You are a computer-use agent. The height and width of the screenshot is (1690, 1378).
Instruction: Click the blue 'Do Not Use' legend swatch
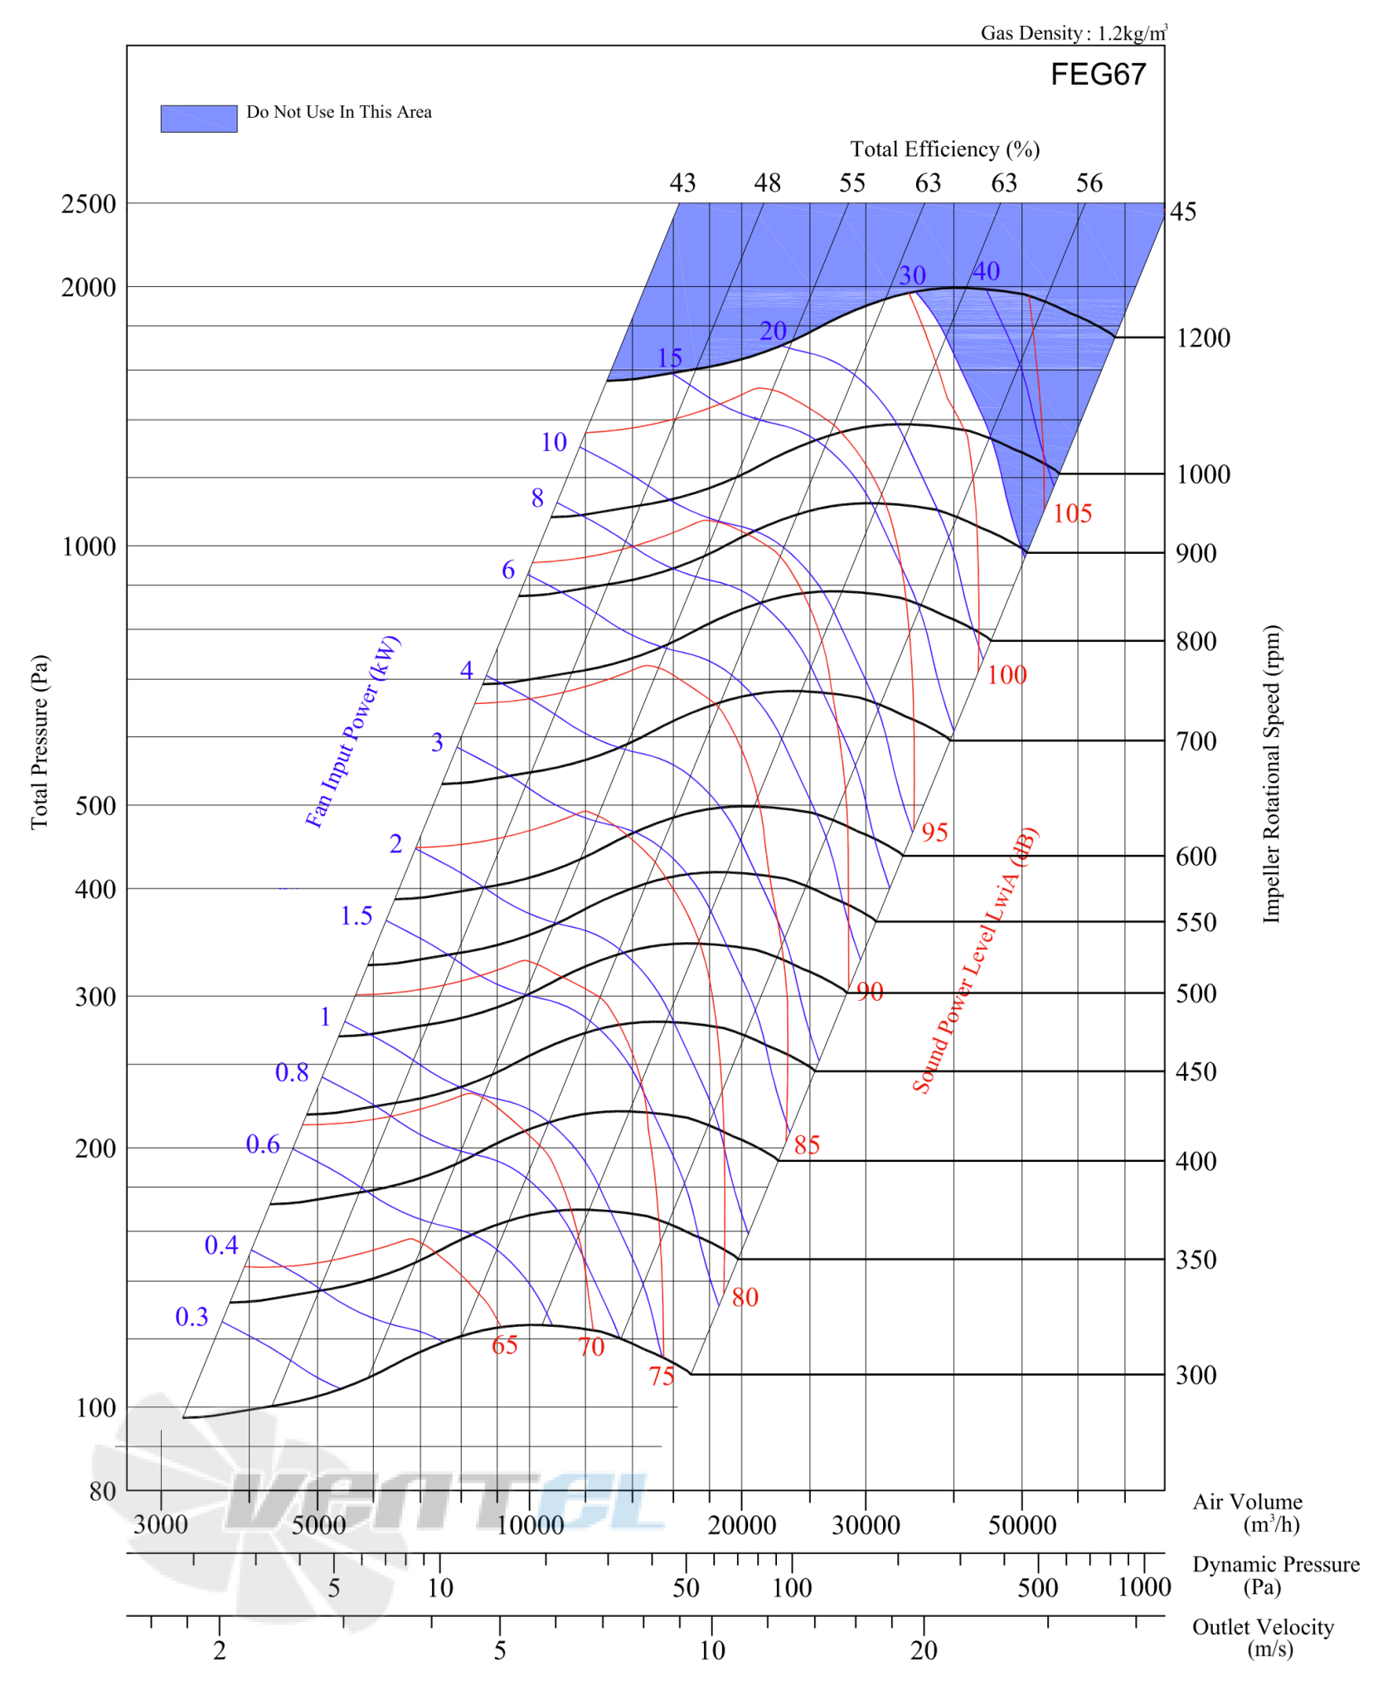click(x=198, y=119)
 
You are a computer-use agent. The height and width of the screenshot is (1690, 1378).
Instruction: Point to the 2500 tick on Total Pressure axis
click(x=89, y=204)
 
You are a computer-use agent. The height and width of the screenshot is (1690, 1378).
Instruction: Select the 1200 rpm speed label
click(x=1202, y=338)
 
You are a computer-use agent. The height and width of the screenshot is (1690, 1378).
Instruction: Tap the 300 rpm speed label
click(x=1196, y=1374)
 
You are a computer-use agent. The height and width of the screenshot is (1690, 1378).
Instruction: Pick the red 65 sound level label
click(x=504, y=1344)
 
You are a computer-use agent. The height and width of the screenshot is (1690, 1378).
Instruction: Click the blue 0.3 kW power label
click(x=192, y=1316)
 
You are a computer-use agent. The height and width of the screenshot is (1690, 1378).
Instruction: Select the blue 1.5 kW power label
click(x=356, y=915)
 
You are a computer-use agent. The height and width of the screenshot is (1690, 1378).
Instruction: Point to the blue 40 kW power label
click(x=985, y=271)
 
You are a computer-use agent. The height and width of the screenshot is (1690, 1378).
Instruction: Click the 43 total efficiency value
click(x=682, y=182)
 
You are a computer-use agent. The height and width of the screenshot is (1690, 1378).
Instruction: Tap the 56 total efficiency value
click(x=1089, y=182)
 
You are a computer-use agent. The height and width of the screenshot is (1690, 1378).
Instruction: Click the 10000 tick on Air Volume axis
click(x=530, y=1524)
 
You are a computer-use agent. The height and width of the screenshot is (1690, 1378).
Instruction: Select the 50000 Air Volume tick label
click(x=1021, y=1524)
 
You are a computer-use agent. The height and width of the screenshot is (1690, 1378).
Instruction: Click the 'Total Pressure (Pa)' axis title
click(x=40, y=741)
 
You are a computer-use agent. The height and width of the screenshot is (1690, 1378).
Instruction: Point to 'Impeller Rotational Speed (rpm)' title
click(x=1270, y=773)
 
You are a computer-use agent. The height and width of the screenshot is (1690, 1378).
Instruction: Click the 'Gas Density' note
click(x=1074, y=32)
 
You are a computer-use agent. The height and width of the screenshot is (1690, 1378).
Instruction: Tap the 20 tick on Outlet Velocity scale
click(x=924, y=1650)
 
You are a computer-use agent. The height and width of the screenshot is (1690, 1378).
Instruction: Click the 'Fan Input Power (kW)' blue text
click(x=352, y=731)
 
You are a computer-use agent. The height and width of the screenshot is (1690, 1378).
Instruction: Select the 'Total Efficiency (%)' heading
click(x=944, y=149)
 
